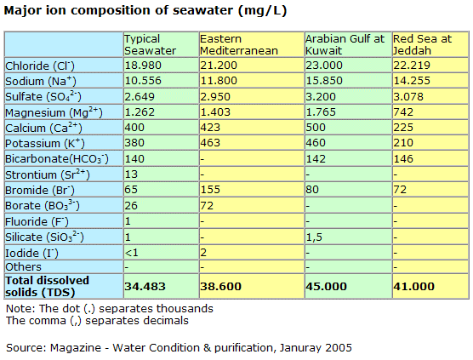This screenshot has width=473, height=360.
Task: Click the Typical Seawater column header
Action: click(150, 44)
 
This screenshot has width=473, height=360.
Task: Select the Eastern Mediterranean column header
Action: click(238, 44)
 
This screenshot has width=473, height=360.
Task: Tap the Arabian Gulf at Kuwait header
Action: click(345, 44)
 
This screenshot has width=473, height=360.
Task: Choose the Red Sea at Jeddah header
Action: click(422, 44)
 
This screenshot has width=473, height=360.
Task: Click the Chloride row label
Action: click(40, 66)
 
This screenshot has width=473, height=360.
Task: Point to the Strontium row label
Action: click(48, 174)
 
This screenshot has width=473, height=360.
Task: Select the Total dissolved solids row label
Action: click(47, 286)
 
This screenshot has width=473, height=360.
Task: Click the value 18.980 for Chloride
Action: click(143, 66)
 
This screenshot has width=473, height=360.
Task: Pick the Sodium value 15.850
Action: click(324, 81)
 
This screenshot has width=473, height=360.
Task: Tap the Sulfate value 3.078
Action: click(408, 96)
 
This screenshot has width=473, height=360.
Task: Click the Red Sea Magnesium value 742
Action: click(403, 112)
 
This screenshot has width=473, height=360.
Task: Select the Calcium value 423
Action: click(210, 128)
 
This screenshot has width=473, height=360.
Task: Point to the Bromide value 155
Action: click(210, 190)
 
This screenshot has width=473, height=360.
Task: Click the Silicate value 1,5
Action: click(314, 237)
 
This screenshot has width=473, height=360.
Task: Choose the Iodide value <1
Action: click(132, 252)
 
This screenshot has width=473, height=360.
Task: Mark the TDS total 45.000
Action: click(327, 286)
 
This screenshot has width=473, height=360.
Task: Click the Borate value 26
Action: click(131, 205)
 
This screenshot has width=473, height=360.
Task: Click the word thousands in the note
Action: click(185, 308)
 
